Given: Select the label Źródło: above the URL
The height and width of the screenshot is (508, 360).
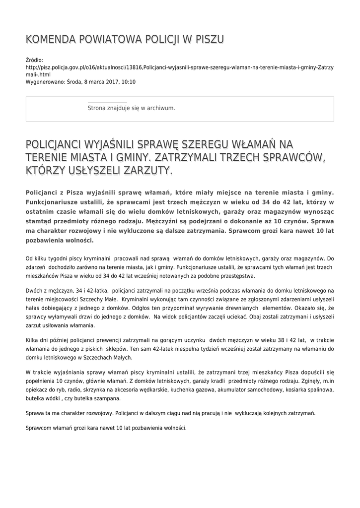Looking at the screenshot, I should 34,60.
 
